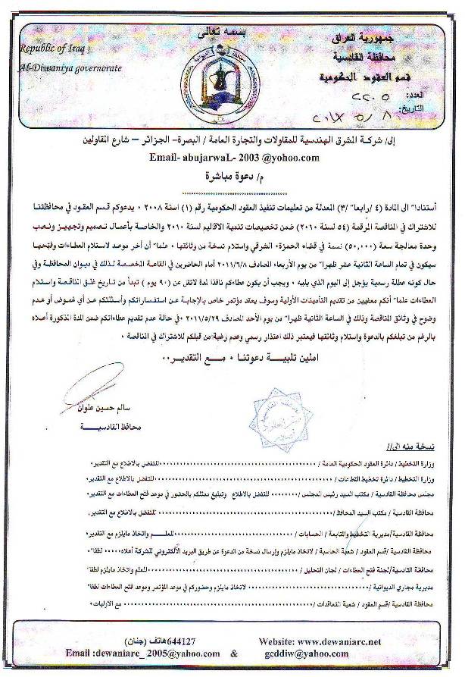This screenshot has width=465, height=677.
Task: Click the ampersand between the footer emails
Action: coord(234,653)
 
